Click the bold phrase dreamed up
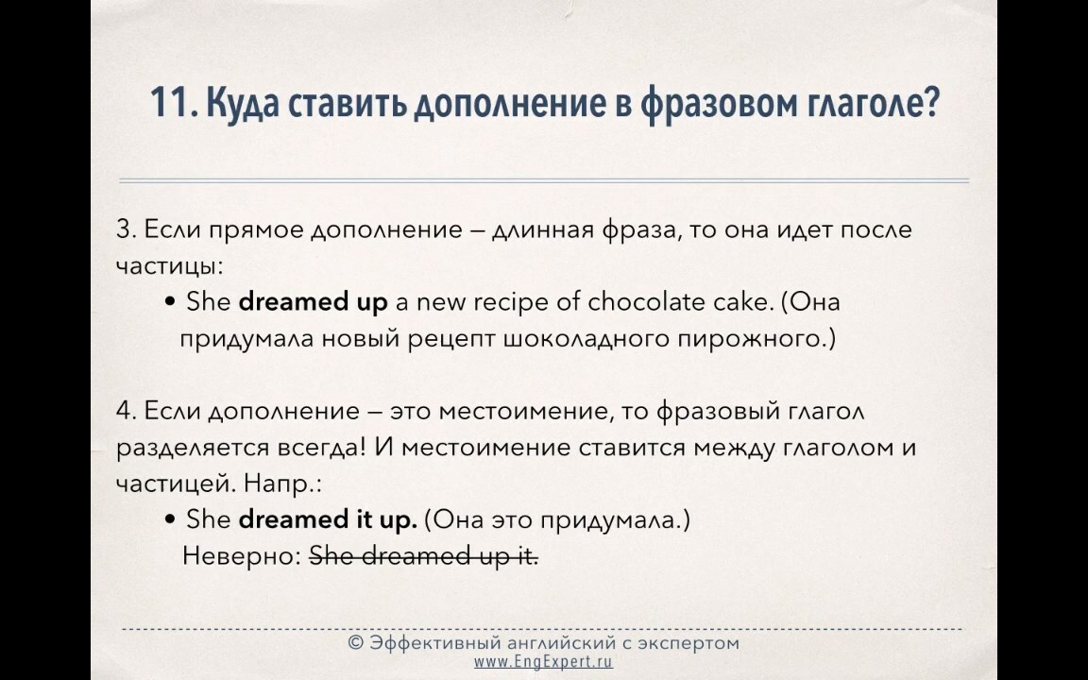pos(313,302)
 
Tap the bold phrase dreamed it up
pos(329,519)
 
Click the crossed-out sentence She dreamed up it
pos(423,555)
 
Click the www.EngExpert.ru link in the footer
pos(543,661)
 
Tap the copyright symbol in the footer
pos(355,643)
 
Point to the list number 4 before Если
pos(126,411)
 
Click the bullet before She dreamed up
pos(170,303)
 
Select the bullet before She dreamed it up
pos(170,520)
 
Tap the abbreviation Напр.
pos(282,484)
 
